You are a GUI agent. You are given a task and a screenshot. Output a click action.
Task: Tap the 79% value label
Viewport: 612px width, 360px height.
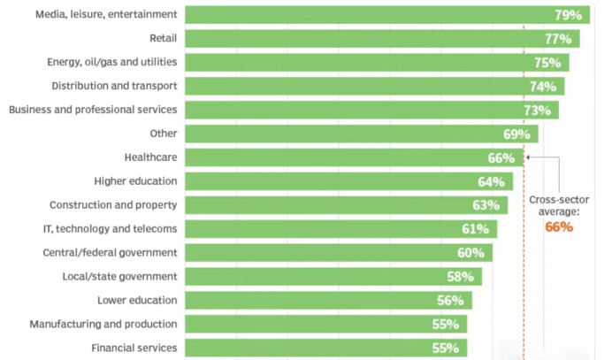[568, 15]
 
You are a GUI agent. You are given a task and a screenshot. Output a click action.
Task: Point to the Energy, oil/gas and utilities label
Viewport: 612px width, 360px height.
[111, 62]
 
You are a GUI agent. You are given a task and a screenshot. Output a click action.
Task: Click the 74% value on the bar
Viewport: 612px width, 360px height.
[543, 87]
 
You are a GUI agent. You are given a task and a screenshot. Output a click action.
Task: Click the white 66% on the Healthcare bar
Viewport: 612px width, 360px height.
[501, 157]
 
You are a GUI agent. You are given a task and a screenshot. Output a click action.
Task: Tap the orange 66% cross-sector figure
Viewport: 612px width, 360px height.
[559, 227]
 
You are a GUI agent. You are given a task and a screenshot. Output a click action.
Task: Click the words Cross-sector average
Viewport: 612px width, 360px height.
[559, 205]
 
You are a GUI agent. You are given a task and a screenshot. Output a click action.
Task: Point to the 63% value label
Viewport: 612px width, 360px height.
[486, 205]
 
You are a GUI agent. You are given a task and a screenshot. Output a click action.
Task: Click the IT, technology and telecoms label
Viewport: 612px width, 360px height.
[112, 228]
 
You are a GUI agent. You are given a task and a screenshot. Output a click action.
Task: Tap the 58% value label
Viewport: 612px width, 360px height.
[461, 276]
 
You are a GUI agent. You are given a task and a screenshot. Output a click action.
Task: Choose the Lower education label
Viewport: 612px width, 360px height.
[137, 300]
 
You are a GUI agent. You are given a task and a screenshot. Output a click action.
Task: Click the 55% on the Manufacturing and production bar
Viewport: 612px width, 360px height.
[446, 324]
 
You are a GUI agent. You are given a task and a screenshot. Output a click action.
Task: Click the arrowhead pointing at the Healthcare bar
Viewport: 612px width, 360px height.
[528, 157]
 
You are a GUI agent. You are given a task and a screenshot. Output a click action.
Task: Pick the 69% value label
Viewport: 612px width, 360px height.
[516, 134]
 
